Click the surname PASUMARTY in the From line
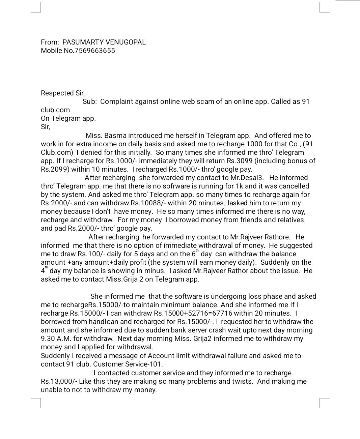(83, 42)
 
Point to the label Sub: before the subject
(90, 101)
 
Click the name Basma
(115, 136)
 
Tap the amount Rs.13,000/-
(59, 381)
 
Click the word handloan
(104, 322)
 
